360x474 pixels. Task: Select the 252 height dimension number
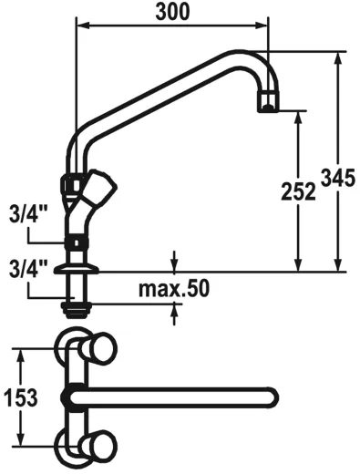tap(297, 191)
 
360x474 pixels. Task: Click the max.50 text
tap(174, 289)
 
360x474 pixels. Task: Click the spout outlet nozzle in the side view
tap(267, 101)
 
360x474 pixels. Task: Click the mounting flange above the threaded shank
tap(77, 270)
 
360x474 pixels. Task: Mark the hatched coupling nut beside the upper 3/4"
tap(77, 243)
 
